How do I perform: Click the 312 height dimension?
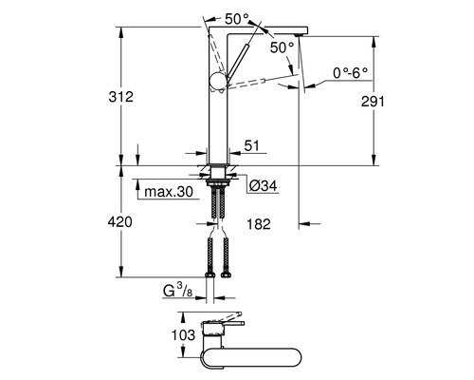click(121, 97)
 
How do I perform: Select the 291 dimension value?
click(373, 102)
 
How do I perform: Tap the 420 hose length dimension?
click(120, 222)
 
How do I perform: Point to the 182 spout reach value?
click(259, 224)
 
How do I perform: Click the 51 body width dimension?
click(251, 145)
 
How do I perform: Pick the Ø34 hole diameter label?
click(263, 186)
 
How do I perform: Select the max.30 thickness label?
click(169, 192)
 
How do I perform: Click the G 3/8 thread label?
click(178, 291)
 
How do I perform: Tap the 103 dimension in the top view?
click(183, 335)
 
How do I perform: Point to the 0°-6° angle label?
click(351, 73)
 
